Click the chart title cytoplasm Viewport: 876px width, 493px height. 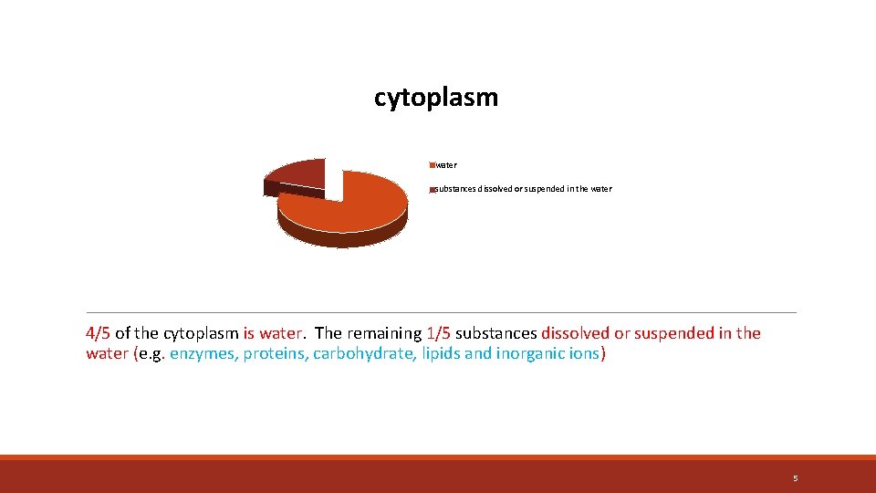pyautogui.click(x=436, y=98)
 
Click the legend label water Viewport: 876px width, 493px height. pyautogui.click(x=446, y=165)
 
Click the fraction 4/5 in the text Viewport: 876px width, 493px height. pyautogui.click(x=99, y=333)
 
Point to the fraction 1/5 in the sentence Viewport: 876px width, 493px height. pyautogui.click(x=438, y=333)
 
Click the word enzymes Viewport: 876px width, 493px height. pyautogui.click(x=203, y=353)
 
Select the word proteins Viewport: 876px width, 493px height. pyautogui.click(x=275, y=353)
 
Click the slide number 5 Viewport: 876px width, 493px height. pyautogui.click(x=795, y=478)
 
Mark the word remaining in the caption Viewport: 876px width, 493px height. pyautogui.click(x=384, y=333)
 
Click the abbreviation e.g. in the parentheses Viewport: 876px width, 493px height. pyautogui.click(x=151, y=353)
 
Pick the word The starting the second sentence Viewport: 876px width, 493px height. pyautogui.click(x=328, y=333)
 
